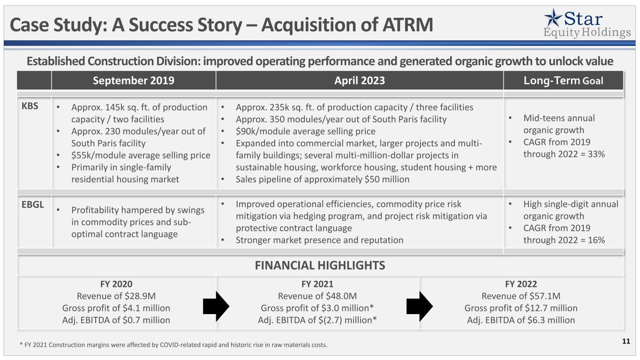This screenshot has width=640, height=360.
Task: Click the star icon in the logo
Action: click(553, 18)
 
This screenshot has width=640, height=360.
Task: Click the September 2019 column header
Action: click(134, 81)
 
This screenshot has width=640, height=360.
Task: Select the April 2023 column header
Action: click(360, 81)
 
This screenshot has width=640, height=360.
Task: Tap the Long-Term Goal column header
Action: click(563, 81)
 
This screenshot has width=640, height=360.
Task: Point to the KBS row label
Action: click(30, 106)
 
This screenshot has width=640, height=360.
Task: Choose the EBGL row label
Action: click(32, 204)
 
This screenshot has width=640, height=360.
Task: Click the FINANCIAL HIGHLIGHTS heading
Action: click(320, 265)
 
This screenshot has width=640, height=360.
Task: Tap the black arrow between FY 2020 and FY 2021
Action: click(216, 306)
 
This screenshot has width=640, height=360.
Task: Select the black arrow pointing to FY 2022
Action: click(420, 306)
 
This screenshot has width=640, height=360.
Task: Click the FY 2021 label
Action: click(317, 284)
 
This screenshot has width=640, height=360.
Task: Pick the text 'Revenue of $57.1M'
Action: click(521, 296)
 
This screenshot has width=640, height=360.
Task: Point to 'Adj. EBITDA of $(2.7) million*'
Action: click(317, 320)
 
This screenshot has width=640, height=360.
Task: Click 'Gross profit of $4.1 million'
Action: click(116, 308)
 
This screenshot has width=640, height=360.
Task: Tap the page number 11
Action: click(626, 341)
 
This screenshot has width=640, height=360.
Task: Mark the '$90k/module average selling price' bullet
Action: click(305, 131)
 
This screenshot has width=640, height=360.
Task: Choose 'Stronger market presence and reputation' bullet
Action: click(319, 240)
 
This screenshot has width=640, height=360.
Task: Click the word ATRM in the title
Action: click(408, 25)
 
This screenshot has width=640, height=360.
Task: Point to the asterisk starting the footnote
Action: click(21, 344)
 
